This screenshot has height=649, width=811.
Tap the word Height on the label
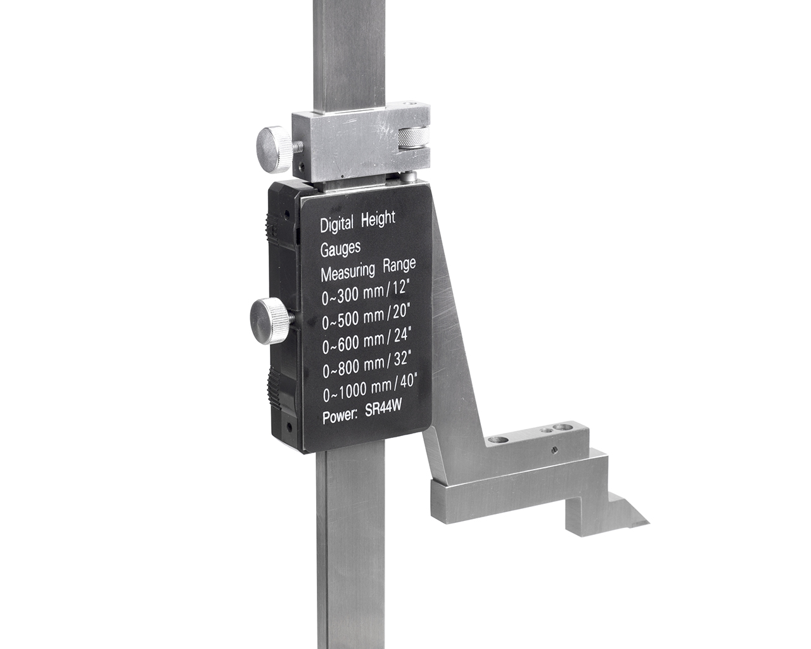(378, 219)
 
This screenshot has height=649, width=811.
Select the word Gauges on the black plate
(340, 248)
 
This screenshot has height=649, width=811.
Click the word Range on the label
(399, 265)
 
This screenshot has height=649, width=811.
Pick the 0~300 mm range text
(353, 294)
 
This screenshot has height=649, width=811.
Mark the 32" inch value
(400, 358)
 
